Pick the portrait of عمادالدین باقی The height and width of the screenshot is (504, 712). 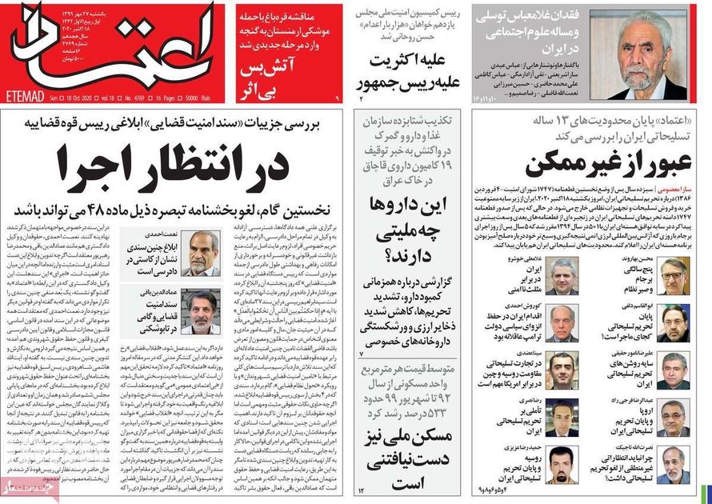(202, 311)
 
